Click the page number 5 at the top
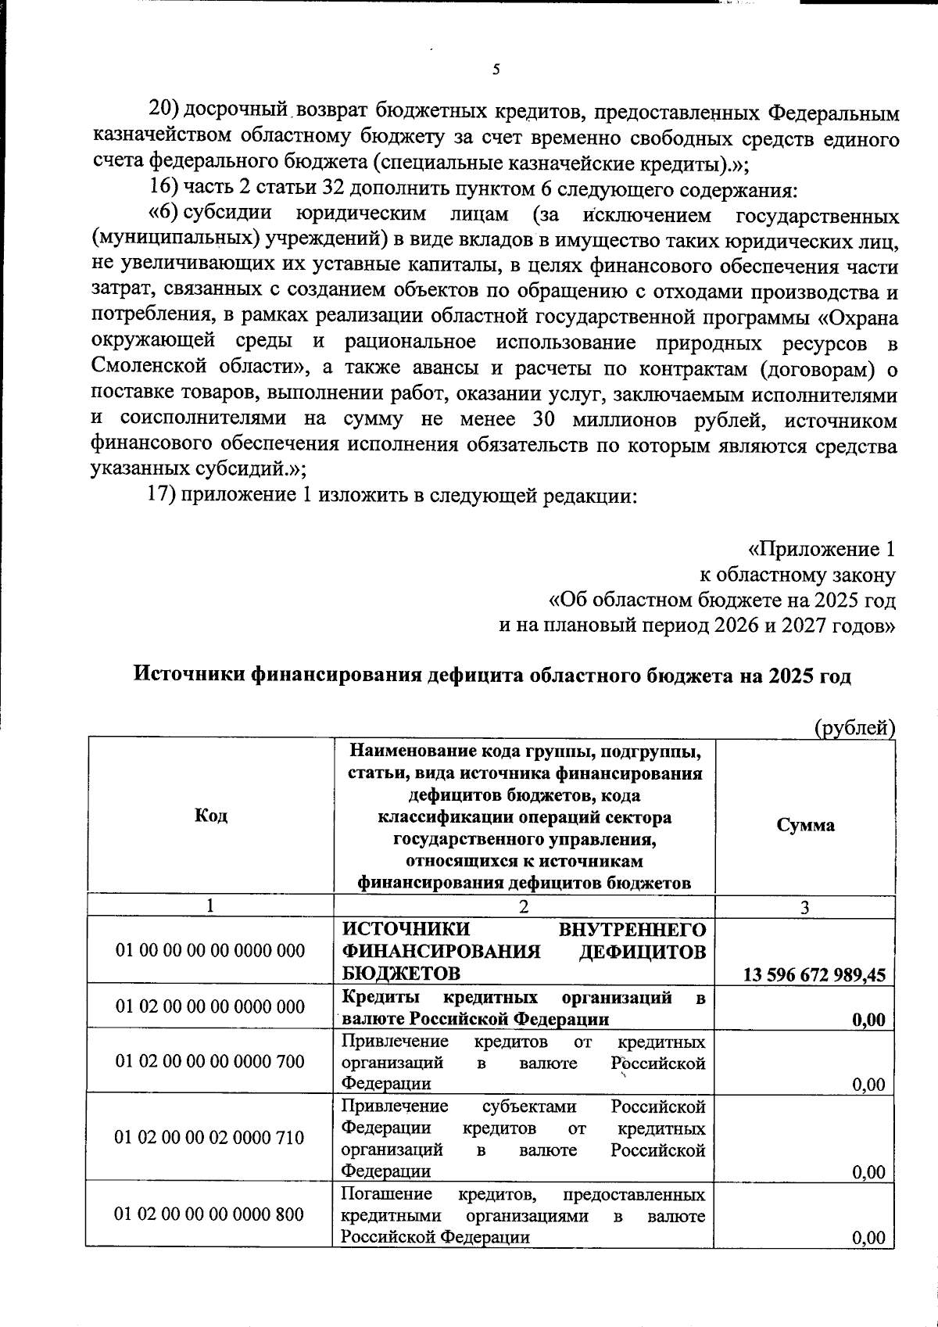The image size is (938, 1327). [x=496, y=70]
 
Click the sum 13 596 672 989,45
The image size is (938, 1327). [x=814, y=975]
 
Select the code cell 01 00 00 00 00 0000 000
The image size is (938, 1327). [x=210, y=951]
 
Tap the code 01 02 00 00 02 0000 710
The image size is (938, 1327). [x=209, y=1137]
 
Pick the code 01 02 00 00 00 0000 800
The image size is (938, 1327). [x=209, y=1214]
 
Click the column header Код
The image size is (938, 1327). [x=210, y=816]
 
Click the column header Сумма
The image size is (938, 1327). [x=805, y=826]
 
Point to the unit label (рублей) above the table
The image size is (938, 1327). [x=854, y=728]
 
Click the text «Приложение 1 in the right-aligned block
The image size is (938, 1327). [x=821, y=550]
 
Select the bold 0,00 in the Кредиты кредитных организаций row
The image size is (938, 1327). [x=868, y=1020]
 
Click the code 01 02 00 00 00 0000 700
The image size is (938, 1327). [x=210, y=1061]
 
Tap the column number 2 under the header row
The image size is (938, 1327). [x=524, y=906]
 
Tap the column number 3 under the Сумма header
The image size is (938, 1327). [x=805, y=907]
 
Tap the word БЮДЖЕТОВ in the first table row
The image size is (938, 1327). [x=401, y=974]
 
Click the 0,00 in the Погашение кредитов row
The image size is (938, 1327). [x=868, y=1238]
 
